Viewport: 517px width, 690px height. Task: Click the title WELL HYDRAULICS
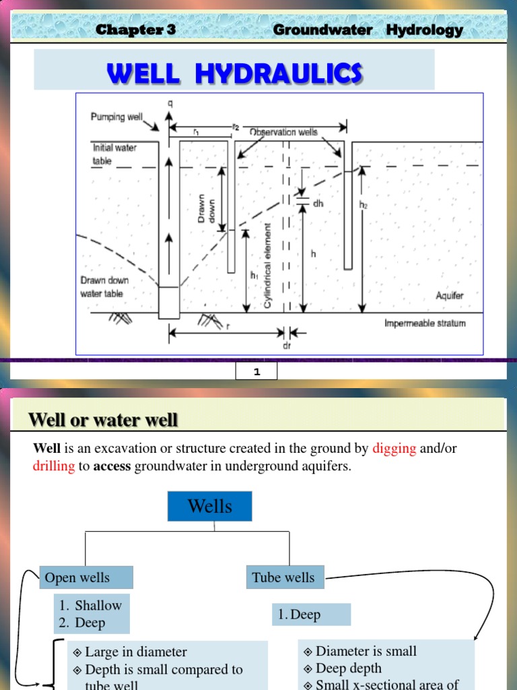pos(234,73)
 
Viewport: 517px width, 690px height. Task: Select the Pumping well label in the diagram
pos(117,117)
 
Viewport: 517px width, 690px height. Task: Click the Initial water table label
pos(114,154)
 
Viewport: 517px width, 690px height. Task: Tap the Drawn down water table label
pos(104,287)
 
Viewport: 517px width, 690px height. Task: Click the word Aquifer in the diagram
pos(449,296)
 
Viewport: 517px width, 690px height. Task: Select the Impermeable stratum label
pos(425,323)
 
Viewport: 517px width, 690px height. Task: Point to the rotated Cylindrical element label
pos(267,265)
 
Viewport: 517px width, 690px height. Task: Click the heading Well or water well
pos(103,420)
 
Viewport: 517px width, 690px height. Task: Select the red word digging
pos(394,449)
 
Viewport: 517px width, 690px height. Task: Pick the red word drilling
pos(53,466)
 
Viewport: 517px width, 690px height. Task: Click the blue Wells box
pos(210,506)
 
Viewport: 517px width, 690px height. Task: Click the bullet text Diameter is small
pos(366,651)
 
